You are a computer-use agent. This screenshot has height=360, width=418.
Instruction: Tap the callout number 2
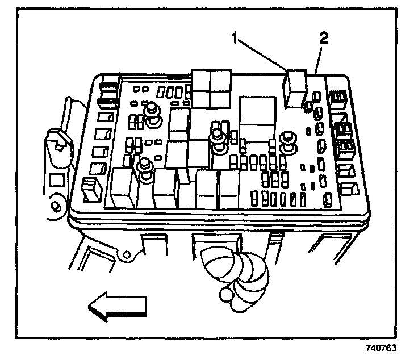click(324, 39)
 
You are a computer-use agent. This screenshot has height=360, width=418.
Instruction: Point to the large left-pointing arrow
click(117, 307)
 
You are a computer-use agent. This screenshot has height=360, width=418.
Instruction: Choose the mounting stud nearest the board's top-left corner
click(152, 114)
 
